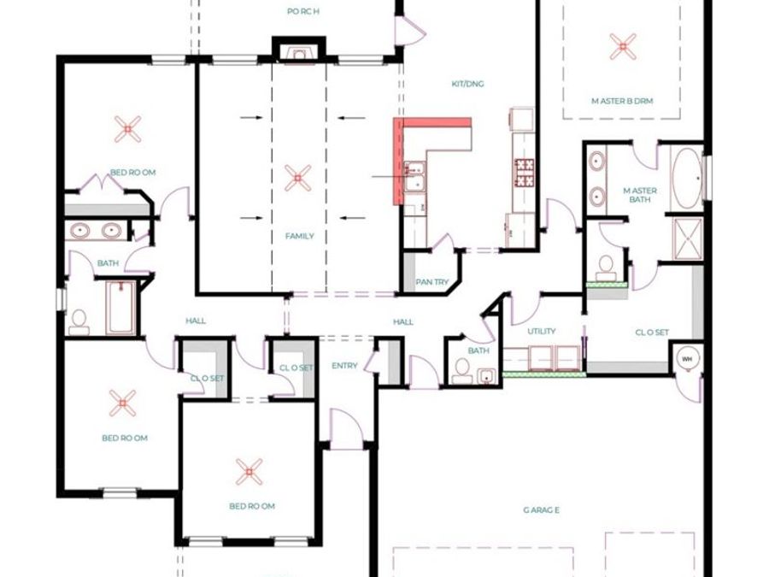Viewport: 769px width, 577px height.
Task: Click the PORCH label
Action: click(303, 11)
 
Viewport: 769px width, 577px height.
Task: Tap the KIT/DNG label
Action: click(467, 84)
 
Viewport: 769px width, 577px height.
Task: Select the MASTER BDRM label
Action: click(622, 101)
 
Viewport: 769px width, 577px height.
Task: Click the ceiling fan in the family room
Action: click(297, 178)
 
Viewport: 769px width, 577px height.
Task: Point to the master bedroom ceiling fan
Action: click(623, 47)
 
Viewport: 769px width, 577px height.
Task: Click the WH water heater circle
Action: click(687, 359)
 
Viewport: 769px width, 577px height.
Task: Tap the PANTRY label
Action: click(431, 282)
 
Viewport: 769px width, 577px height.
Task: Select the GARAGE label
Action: click(541, 510)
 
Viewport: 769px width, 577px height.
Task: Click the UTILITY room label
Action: click(542, 331)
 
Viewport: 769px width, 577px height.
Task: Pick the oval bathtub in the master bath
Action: click(687, 179)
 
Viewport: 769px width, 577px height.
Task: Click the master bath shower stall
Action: click(688, 238)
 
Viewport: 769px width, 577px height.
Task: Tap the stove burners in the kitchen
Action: click(524, 173)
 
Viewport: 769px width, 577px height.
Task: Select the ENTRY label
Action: click(344, 366)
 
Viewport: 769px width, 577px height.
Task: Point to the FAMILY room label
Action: click(300, 236)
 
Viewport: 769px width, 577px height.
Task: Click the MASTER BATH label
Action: click(640, 195)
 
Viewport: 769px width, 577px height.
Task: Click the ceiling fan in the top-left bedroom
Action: click(127, 129)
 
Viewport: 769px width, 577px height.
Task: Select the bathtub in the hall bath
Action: click(120, 307)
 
